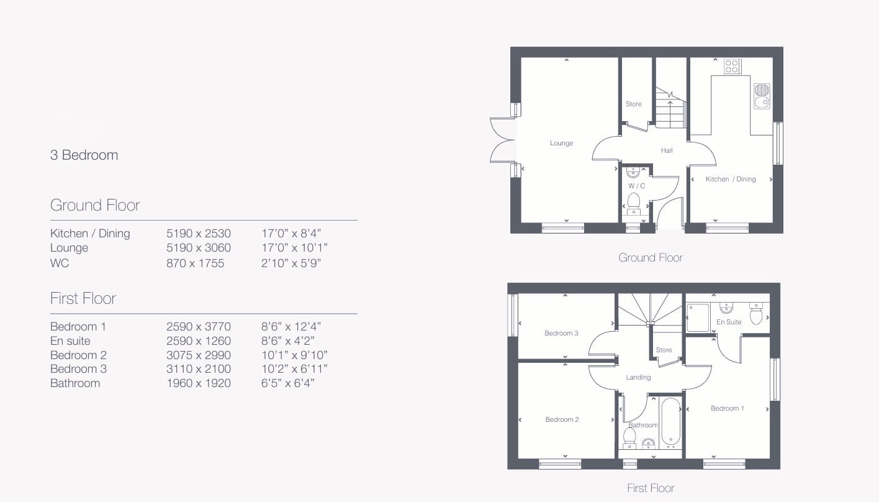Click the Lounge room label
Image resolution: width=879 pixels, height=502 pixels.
(561, 143)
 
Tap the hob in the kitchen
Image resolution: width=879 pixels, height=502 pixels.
(732, 66)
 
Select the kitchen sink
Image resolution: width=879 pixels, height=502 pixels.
(762, 96)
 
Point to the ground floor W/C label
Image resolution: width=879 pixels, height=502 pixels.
(636, 186)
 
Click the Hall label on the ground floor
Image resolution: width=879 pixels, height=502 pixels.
(667, 150)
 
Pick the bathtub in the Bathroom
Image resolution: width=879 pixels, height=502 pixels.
(670, 422)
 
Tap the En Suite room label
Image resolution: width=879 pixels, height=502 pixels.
(729, 322)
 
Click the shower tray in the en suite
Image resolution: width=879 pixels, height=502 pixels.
(698, 317)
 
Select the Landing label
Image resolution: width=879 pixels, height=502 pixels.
(638, 378)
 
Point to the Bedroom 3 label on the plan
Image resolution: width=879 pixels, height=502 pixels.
(561, 333)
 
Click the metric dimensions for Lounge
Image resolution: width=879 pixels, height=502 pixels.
(199, 248)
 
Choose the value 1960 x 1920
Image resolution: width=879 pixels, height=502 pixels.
(199, 383)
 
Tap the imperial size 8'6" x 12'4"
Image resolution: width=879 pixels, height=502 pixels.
(291, 326)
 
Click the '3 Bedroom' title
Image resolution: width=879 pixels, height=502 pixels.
(84, 155)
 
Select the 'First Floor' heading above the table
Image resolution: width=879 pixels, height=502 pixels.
(83, 299)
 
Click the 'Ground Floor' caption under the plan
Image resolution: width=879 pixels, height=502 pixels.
(651, 258)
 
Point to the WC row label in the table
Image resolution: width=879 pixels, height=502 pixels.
(60, 263)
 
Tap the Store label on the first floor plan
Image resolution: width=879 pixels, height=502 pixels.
(664, 350)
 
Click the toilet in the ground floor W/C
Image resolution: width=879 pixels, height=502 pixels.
(633, 203)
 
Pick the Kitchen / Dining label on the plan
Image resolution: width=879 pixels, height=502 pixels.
(731, 179)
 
